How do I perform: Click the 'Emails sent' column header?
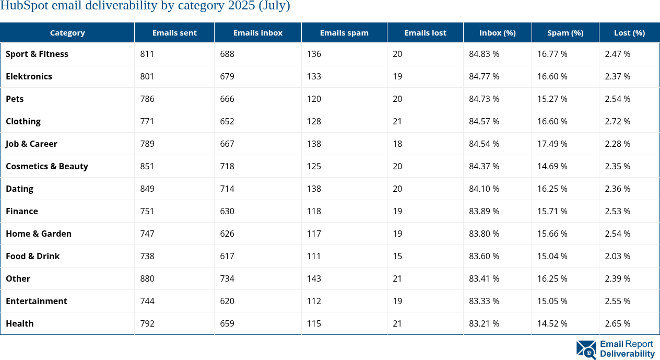click(x=174, y=32)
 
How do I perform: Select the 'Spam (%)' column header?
click(x=565, y=32)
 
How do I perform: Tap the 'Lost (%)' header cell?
click(x=629, y=32)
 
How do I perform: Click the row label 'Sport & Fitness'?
click(x=37, y=54)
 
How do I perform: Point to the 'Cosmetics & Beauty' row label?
click(x=47, y=166)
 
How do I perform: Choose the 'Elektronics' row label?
click(x=29, y=76)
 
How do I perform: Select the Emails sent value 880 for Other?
click(x=147, y=278)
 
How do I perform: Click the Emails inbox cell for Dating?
click(x=227, y=189)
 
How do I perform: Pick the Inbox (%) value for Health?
click(x=484, y=323)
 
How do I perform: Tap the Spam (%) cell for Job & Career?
click(x=552, y=144)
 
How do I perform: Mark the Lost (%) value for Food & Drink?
click(x=617, y=256)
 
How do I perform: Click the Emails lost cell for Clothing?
click(x=397, y=121)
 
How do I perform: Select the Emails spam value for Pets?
click(x=314, y=99)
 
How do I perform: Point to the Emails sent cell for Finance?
click(x=147, y=211)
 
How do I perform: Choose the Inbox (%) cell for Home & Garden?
click(x=484, y=234)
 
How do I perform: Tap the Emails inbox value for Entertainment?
click(x=227, y=301)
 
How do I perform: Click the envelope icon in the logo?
click(x=586, y=349)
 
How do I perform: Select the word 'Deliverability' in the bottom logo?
click(x=627, y=354)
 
